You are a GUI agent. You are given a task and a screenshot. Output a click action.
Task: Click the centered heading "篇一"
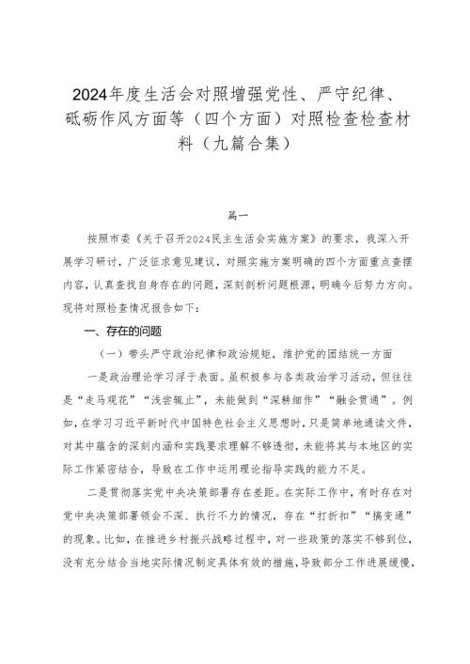[234, 213]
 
